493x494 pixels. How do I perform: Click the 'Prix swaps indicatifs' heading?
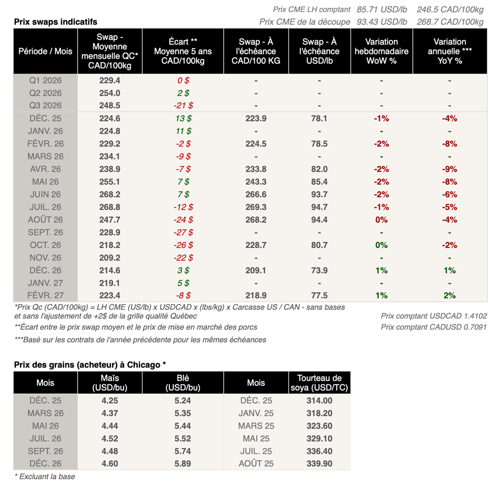(55, 22)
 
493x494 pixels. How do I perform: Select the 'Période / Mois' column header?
(45, 51)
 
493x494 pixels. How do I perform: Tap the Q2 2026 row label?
(45, 93)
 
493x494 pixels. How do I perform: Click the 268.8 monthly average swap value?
(109, 207)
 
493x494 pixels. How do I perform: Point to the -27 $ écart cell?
(182, 232)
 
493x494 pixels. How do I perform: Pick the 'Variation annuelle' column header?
(449, 51)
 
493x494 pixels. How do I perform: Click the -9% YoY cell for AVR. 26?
(449, 169)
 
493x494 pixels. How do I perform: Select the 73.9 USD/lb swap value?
(319, 270)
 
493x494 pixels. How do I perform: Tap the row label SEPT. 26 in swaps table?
(45, 232)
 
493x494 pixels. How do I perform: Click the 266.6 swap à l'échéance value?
(256, 194)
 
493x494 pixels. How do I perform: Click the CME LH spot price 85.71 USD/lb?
(382, 9)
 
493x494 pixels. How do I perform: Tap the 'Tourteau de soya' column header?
(319, 383)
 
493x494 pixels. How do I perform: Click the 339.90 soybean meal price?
(319, 464)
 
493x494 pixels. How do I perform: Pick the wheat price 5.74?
(182, 451)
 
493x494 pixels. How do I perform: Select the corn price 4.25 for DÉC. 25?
(109, 400)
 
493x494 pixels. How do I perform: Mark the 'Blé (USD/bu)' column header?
(182, 383)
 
